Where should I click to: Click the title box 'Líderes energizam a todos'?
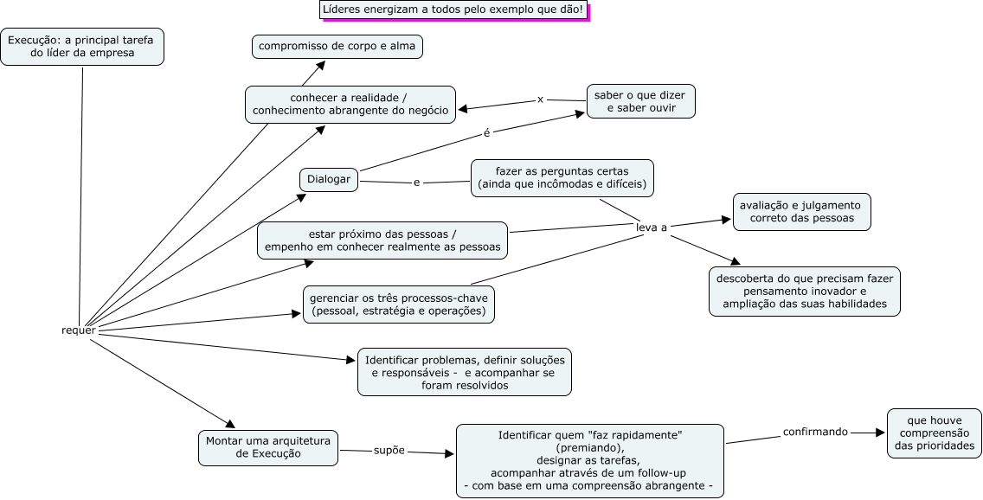(453, 10)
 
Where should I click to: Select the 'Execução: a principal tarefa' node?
(82, 47)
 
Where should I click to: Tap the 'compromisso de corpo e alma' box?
(337, 46)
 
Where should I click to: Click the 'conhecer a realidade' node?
(350, 104)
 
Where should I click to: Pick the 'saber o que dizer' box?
(640, 100)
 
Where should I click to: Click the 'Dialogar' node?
(329, 180)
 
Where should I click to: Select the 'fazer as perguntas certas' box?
(562, 178)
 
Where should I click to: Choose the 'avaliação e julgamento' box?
(802, 212)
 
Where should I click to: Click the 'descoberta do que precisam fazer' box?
(805, 292)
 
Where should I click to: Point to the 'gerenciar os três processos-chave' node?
(398, 304)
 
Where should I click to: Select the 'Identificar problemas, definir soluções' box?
(465, 372)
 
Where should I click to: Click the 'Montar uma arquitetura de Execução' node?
(267, 446)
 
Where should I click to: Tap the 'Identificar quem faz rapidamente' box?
(589, 461)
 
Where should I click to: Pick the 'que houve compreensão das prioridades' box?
(935, 433)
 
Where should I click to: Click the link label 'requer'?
(79, 330)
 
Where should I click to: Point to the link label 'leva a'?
(652, 228)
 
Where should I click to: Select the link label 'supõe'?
(389, 451)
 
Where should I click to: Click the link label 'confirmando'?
(815, 431)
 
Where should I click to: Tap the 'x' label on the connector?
(540, 99)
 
